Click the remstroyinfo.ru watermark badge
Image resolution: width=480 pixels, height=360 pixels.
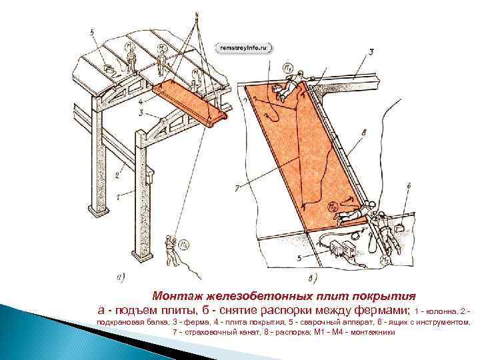(x=244, y=48)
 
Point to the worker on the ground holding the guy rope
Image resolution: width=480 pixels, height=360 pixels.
(x=171, y=249)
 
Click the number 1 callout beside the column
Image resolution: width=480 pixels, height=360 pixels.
(x=118, y=197)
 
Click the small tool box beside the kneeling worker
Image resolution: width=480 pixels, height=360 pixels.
(x=401, y=228)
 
